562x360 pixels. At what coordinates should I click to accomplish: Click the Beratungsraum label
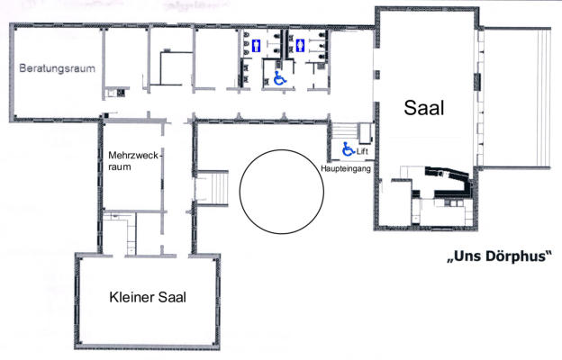[x=58, y=68]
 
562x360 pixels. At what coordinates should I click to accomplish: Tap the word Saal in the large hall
[x=424, y=107]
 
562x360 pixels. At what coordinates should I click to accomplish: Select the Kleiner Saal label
[x=148, y=297]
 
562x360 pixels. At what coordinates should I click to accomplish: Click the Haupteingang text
[x=346, y=168]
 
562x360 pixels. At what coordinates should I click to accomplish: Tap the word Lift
[x=362, y=151]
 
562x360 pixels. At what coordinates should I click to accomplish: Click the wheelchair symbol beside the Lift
[x=348, y=149]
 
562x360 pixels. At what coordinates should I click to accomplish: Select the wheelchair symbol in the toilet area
[x=280, y=78]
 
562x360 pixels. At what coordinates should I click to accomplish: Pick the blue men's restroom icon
[x=256, y=46]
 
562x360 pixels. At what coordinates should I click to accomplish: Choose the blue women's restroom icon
[x=300, y=46]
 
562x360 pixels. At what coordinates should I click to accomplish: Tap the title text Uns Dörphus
[x=499, y=256]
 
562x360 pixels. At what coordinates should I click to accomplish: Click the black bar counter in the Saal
[x=448, y=182]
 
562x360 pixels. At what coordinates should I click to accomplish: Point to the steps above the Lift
[x=345, y=130]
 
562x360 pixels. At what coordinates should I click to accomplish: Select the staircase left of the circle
[x=213, y=188]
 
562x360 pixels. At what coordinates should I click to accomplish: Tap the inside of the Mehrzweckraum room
[x=132, y=190]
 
